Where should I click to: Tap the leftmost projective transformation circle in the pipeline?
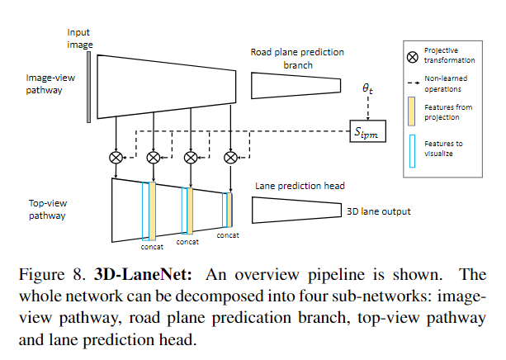[x=116, y=156]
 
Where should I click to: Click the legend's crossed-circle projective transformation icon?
[x=414, y=54]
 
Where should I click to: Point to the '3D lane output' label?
[x=378, y=211]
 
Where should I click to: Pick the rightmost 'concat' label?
[x=228, y=235]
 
